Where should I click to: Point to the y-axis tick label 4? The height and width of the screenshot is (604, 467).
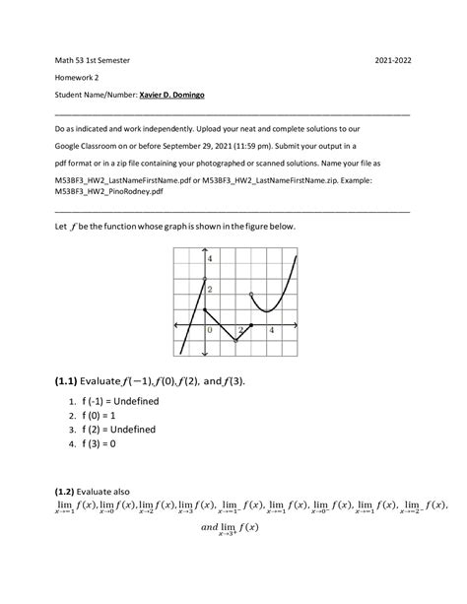[x=210, y=258]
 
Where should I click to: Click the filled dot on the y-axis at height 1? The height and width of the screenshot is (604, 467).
[x=204, y=310]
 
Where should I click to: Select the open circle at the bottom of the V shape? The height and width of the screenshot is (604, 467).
[x=235, y=341]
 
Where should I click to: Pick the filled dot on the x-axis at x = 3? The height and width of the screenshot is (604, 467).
[x=251, y=325]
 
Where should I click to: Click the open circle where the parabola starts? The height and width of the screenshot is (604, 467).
[x=251, y=295]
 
